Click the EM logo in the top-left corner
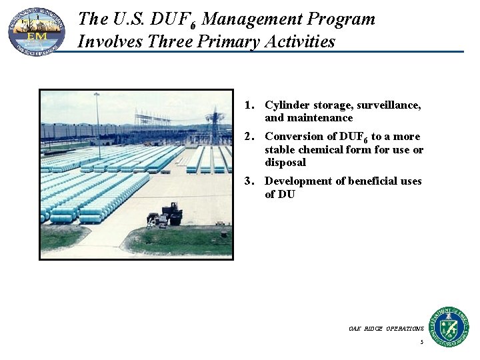coord(36,31)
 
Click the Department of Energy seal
coord(448,326)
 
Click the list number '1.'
coord(251,105)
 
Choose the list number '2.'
coord(251,137)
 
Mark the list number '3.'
coord(251,181)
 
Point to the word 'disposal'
coord(285,163)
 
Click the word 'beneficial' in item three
coord(371,181)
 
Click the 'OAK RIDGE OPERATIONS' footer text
coord(386,329)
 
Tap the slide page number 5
coord(421,343)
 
